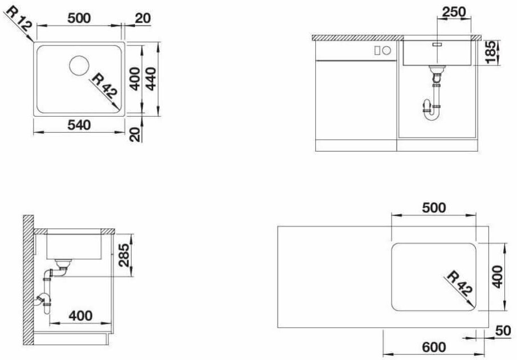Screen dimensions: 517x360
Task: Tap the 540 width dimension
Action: [x=79, y=125]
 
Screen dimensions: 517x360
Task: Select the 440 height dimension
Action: [x=152, y=79]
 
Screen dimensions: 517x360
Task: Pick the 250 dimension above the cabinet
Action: [x=454, y=12]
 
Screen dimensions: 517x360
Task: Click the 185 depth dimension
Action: [x=490, y=52]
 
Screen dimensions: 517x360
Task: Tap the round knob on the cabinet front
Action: [x=387, y=50]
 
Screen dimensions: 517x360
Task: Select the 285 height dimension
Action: [x=124, y=255]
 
